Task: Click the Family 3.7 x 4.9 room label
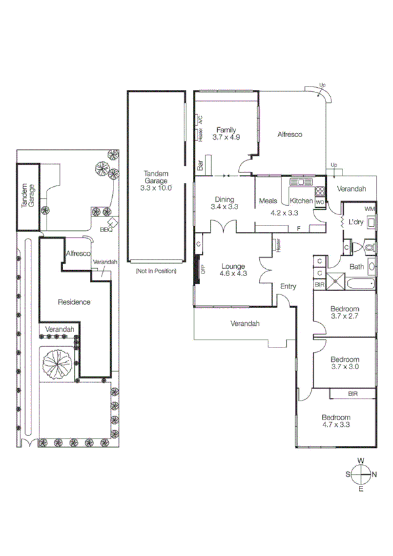(x=226, y=134)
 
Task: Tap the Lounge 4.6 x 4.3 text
(x=233, y=270)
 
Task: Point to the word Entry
(x=288, y=287)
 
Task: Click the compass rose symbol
(x=361, y=474)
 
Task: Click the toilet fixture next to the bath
(x=369, y=248)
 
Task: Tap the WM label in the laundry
(x=369, y=208)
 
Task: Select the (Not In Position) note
(x=155, y=270)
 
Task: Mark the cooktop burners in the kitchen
(x=320, y=192)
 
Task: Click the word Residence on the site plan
(x=73, y=302)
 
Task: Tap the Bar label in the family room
(x=200, y=166)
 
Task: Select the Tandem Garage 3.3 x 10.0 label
(x=155, y=181)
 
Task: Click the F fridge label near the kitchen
(x=298, y=228)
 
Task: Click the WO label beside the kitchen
(x=320, y=203)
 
